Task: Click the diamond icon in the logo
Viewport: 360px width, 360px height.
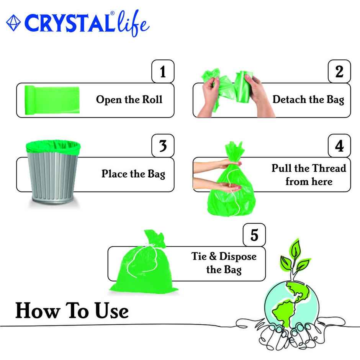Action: (x=13, y=23)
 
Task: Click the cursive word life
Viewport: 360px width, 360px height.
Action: (x=133, y=24)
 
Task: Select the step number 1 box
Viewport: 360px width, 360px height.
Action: (x=163, y=71)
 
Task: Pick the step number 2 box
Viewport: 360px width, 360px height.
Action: (x=339, y=71)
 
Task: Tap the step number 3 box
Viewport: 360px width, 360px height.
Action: (x=163, y=146)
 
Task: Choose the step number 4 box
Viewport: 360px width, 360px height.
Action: (x=339, y=146)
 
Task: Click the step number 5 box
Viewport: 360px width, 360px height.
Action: (x=254, y=234)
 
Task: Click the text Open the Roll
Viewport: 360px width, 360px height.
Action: (x=129, y=100)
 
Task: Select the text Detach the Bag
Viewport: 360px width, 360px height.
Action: (x=308, y=100)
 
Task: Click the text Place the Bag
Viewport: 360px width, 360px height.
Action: (x=133, y=174)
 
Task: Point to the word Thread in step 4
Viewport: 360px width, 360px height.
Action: (x=328, y=169)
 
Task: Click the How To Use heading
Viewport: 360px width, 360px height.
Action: (x=72, y=311)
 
